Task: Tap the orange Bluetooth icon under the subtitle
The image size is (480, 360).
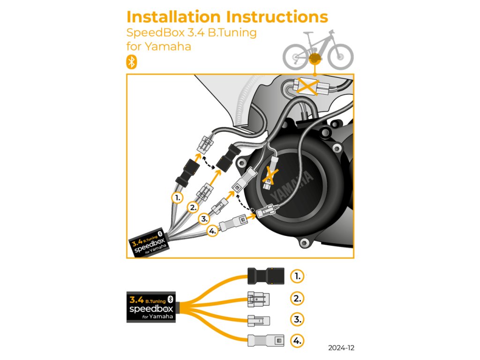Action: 132,62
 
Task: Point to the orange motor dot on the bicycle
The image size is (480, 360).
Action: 315,59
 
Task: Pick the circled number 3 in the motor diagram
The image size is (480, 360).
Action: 203,218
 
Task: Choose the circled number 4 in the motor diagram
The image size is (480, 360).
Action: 212,230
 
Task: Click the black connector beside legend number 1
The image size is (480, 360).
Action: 265,276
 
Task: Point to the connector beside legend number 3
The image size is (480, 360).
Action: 259,320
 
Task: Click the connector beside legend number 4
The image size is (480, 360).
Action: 265,340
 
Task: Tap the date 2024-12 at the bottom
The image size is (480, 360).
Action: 341,348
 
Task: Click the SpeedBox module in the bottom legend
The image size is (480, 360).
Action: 150,307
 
